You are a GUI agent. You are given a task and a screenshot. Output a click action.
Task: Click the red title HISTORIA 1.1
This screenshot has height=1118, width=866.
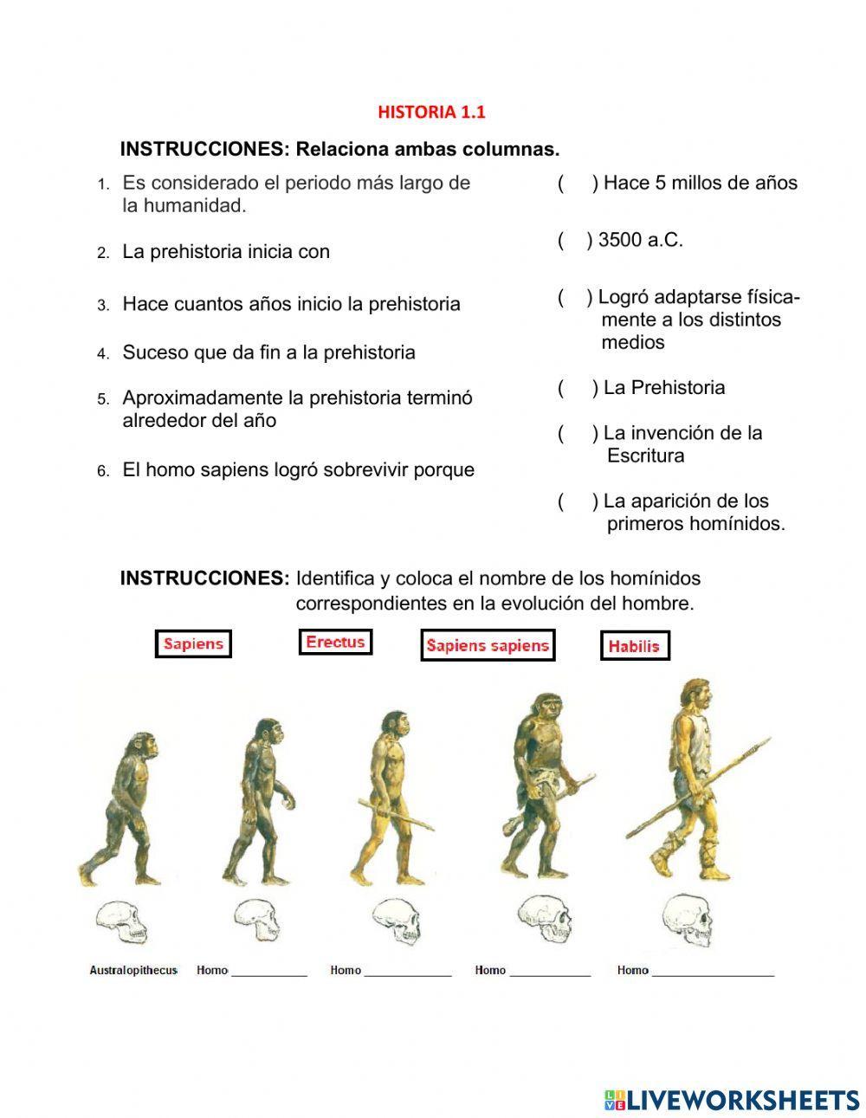click(431, 112)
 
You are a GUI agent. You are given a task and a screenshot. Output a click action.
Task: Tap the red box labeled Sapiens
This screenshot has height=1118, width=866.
click(193, 643)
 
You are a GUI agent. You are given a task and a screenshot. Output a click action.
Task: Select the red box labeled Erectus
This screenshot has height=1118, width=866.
click(335, 642)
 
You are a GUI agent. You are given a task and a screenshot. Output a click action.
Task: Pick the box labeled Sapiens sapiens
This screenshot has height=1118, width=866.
click(488, 645)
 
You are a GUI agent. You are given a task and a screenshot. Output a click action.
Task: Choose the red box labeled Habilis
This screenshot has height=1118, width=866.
click(634, 645)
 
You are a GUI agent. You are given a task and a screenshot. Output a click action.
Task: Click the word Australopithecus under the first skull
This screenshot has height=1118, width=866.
click(133, 970)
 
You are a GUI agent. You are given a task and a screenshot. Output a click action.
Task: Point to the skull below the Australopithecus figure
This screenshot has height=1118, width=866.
click(121, 922)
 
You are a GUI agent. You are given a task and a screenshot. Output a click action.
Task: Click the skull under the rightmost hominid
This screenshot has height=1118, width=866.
click(688, 921)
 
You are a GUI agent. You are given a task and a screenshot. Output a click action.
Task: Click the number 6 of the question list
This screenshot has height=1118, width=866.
click(103, 471)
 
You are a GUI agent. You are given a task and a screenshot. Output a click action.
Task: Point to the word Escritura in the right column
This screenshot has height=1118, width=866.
click(645, 456)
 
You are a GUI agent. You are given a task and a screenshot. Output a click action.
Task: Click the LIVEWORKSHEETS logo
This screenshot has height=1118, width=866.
click(732, 1100)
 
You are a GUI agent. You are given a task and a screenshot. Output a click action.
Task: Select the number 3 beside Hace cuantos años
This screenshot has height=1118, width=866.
click(103, 305)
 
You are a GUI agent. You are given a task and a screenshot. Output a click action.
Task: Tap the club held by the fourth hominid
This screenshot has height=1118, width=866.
click(511, 837)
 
